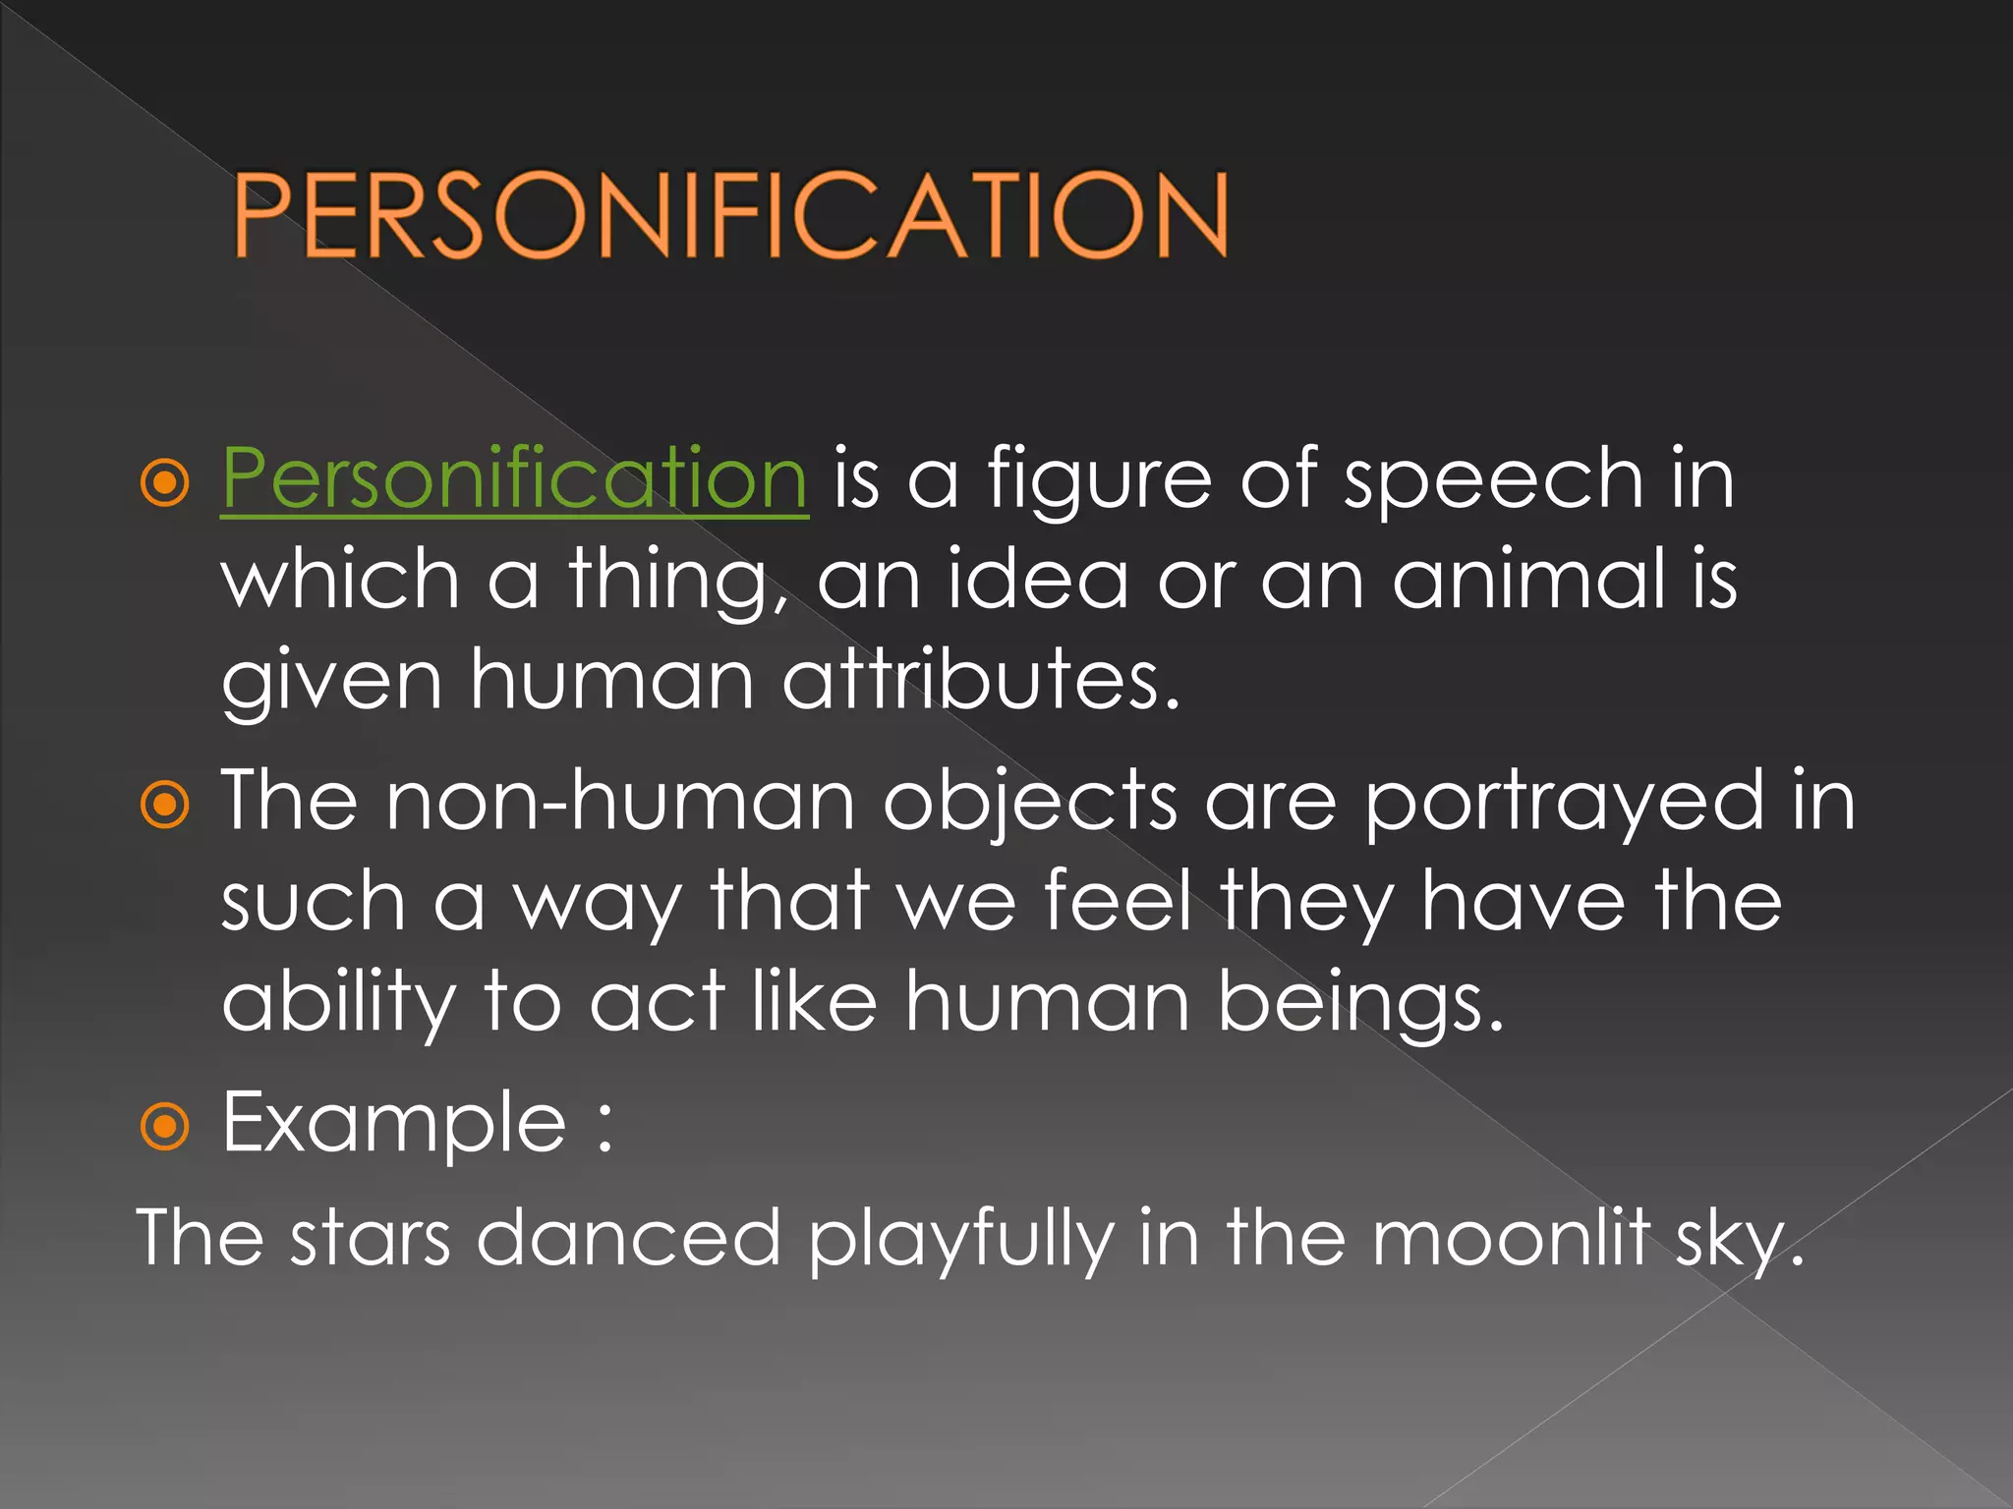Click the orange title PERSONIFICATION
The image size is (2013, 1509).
point(730,215)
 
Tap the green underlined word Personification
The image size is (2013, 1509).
point(514,478)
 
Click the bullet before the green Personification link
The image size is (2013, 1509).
point(164,482)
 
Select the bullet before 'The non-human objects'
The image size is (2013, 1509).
point(164,806)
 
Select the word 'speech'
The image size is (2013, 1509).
point(1493,478)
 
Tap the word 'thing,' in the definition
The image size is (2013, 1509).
point(679,582)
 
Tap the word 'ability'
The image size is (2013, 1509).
point(338,1004)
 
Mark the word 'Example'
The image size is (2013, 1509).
point(394,1124)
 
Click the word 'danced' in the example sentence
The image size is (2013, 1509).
point(628,1238)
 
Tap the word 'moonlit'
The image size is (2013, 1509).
point(1512,1238)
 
